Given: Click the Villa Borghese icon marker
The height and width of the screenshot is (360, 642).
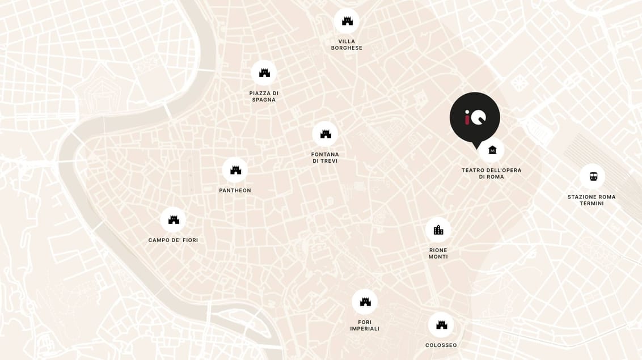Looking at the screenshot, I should tap(347, 21).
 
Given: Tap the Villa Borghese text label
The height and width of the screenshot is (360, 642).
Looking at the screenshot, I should tap(347, 45).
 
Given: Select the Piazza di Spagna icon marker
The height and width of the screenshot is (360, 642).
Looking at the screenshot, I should tap(264, 73).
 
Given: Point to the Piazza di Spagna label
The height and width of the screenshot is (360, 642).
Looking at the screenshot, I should tap(264, 96).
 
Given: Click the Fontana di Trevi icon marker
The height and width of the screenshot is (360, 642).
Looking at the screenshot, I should tap(325, 134).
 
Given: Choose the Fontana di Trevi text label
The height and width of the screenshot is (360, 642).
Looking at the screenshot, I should tap(325, 158).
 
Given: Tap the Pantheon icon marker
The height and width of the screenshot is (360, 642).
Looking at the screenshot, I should tap(235, 170).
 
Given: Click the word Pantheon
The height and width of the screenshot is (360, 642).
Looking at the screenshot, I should tap(235, 190).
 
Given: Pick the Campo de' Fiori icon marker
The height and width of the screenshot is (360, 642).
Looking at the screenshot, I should tap(173, 219).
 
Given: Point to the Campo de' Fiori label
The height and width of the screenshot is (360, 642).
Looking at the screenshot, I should tap(173, 240).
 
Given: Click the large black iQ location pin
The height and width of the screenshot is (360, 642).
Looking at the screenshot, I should tap(475, 117).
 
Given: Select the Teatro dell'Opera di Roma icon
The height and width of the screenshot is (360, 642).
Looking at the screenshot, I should tap(492, 150).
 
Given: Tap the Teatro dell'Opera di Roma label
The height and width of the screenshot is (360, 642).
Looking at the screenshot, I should tap(491, 173).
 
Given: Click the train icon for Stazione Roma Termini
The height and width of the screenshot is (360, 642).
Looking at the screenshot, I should tap(592, 176).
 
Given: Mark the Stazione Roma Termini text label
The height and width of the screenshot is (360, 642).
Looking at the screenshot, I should tap(592, 200).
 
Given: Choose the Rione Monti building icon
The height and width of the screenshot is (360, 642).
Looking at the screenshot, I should tap(438, 230).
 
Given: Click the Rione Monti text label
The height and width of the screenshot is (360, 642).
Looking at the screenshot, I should tap(438, 253).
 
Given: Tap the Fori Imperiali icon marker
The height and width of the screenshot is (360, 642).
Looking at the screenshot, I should tap(365, 302).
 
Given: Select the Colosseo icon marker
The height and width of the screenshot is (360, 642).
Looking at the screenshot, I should tap(441, 325).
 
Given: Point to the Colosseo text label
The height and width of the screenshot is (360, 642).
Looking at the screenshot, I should tap(441, 345).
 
